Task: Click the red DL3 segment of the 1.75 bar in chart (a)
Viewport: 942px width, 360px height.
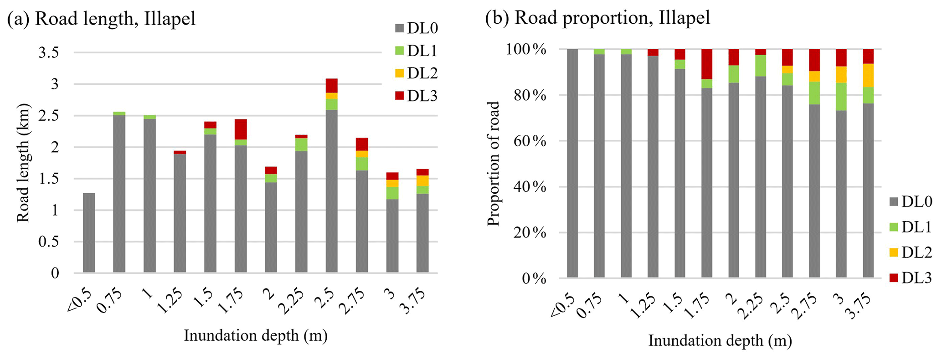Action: pos(241,129)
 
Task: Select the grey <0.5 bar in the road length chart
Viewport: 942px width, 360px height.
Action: pos(89,233)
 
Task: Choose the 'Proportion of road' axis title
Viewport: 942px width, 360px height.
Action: pos(493,164)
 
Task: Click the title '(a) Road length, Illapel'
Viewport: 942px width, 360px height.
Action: pos(101,19)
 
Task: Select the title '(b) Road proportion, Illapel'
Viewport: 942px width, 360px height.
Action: pos(597,18)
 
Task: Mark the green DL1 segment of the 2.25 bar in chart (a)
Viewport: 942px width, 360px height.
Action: pos(301,144)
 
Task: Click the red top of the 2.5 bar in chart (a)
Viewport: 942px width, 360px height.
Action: pos(331,86)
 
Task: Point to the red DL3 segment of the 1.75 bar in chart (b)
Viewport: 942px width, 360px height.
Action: pos(707,64)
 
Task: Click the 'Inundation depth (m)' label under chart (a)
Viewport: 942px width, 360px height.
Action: pos(256,336)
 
